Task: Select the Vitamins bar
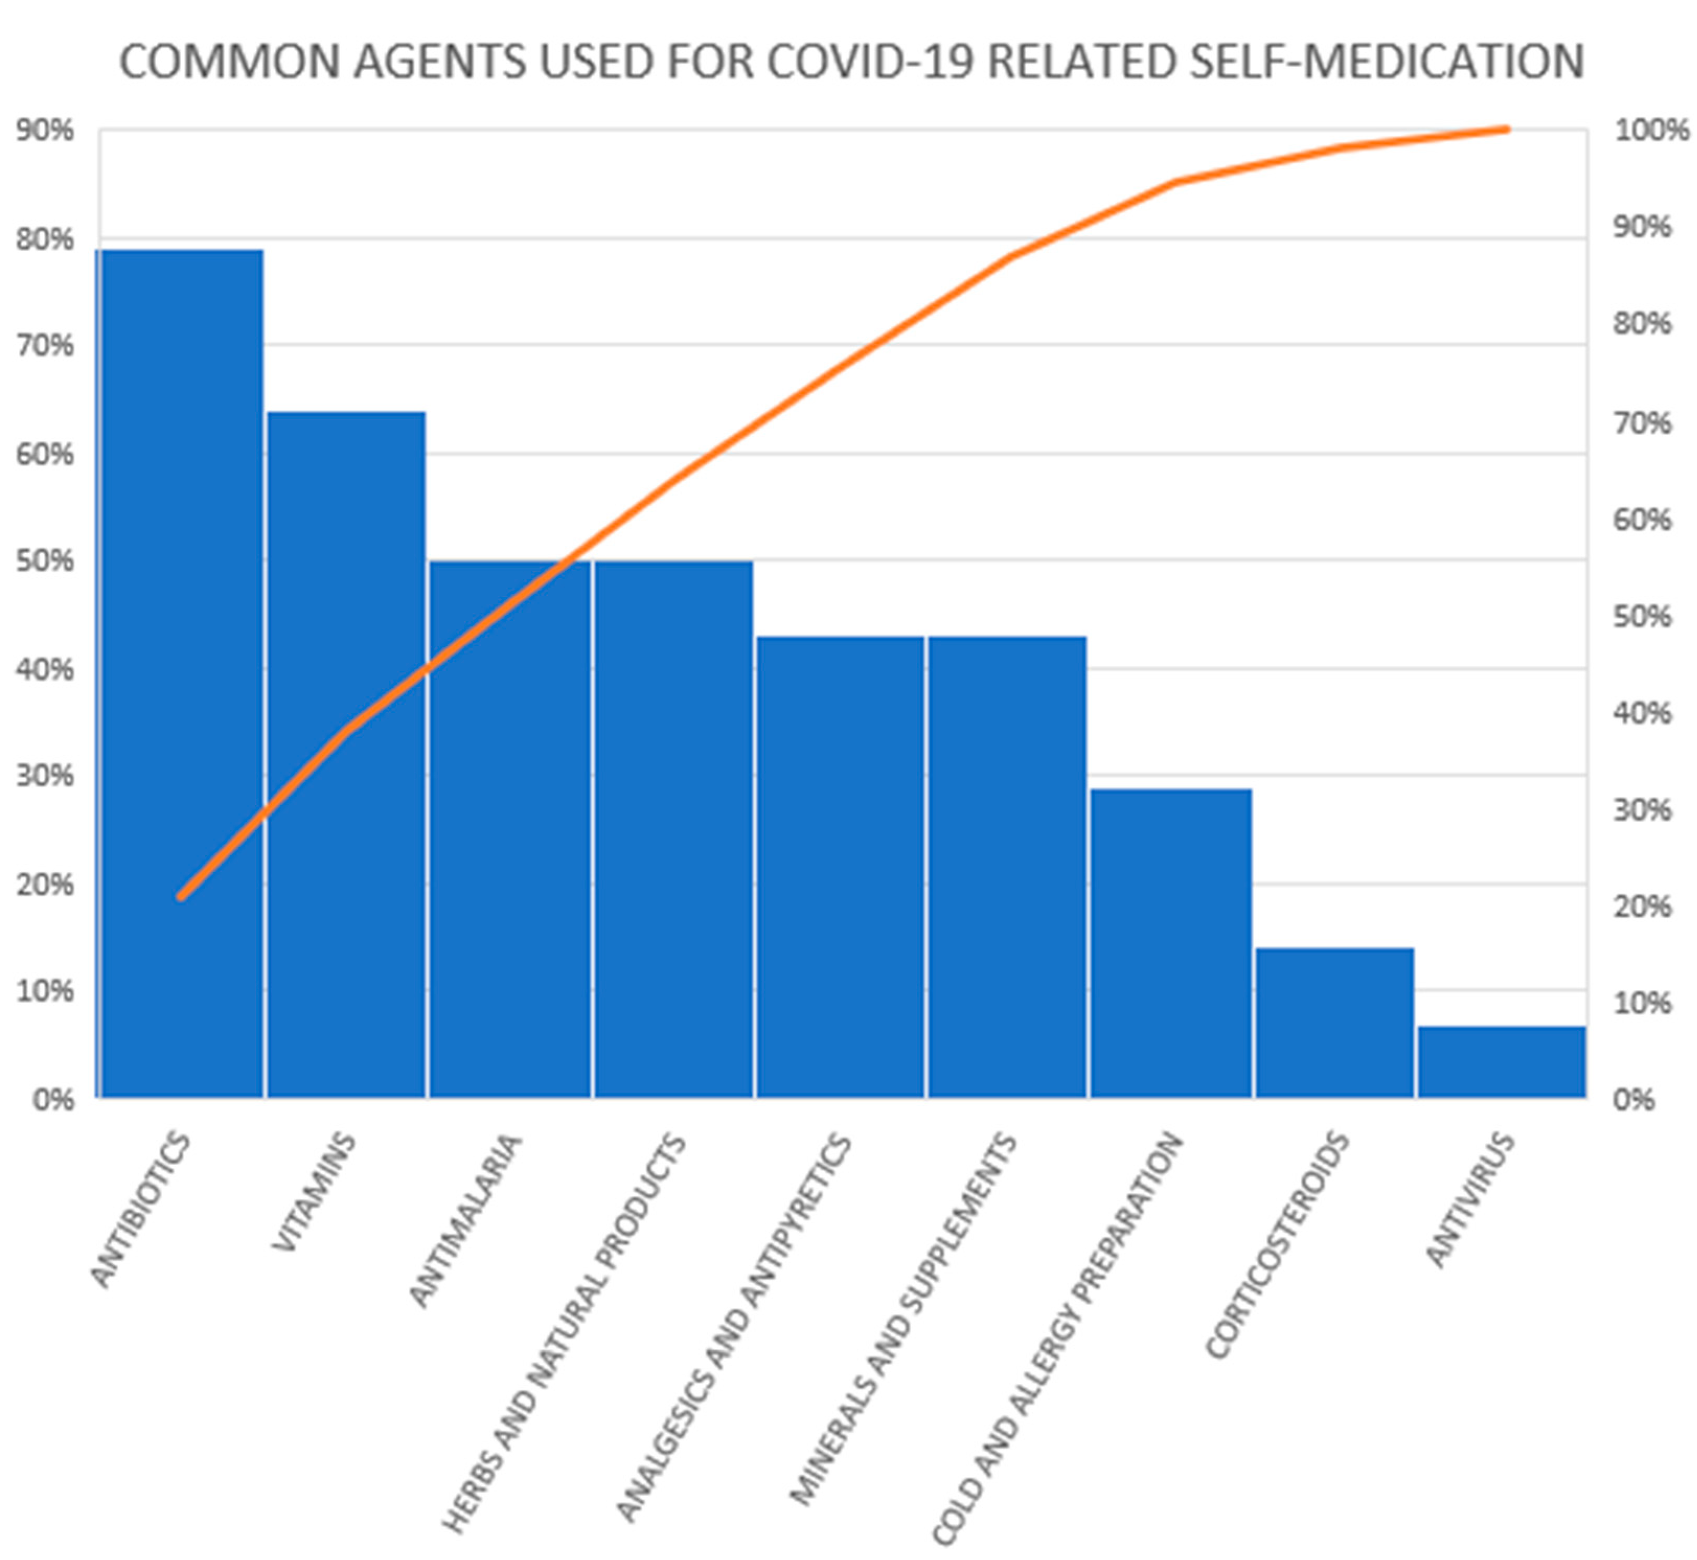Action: point(346,760)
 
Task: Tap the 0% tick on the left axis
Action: point(52,1100)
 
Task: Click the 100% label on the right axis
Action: point(1650,131)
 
